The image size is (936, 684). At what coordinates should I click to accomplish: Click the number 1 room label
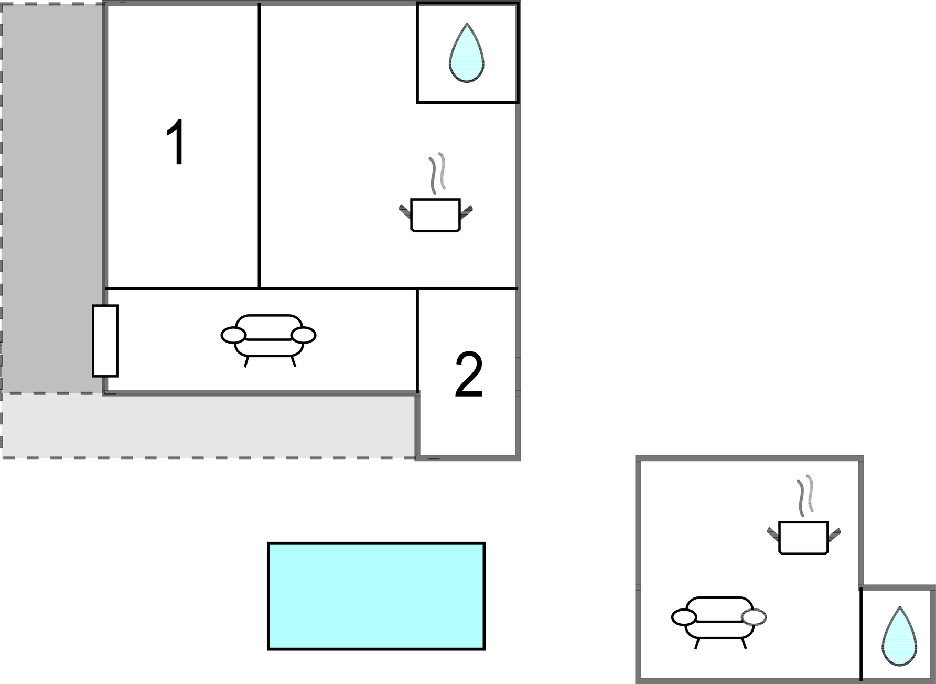[x=176, y=142]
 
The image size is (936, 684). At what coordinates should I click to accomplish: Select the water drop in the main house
[x=466, y=53]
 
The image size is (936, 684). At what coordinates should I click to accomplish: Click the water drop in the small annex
[x=899, y=636]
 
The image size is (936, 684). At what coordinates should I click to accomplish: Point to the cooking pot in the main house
[x=435, y=215]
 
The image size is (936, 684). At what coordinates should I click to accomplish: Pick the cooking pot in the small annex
[x=803, y=538]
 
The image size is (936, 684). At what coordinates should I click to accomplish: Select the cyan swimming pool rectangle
[x=376, y=596]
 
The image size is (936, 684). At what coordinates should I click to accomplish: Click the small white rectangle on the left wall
[x=105, y=341]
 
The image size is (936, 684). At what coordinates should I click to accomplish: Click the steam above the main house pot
[x=437, y=173]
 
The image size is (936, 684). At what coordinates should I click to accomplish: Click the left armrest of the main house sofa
[x=233, y=335]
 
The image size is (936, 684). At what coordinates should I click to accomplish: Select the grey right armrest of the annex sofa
[x=754, y=617]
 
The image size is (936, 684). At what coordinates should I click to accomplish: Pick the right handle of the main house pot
[x=466, y=212]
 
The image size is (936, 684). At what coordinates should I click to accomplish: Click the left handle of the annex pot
[x=773, y=534]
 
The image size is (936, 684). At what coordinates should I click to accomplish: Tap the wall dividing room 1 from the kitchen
[x=259, y=146]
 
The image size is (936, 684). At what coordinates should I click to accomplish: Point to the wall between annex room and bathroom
[x=861, y=634]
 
